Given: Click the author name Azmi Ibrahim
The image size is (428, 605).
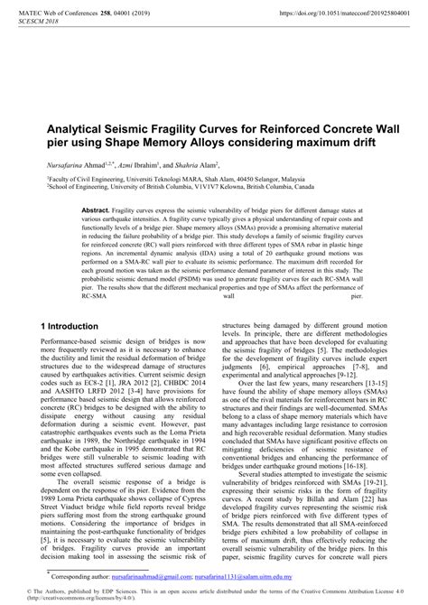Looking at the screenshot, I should pyautogui.click(x=137, y=167).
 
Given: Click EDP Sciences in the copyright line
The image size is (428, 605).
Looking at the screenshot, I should pyautogui.click(x=102, y=590).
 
